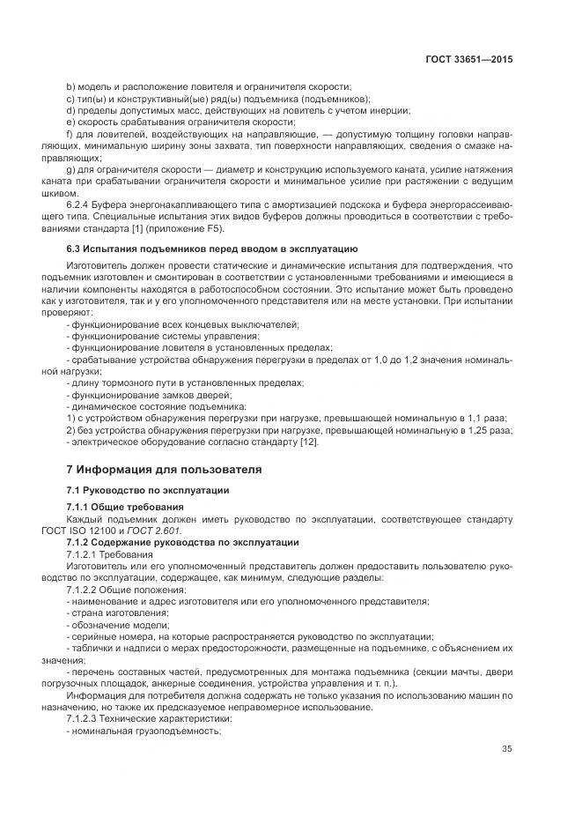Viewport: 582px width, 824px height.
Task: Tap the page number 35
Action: coord(505,749)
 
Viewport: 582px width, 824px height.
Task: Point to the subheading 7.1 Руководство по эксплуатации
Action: coord(148,489)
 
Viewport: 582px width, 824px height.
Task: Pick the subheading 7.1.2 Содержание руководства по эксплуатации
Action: coord(183,542)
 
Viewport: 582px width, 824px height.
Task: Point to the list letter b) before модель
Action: coord(70,86)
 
